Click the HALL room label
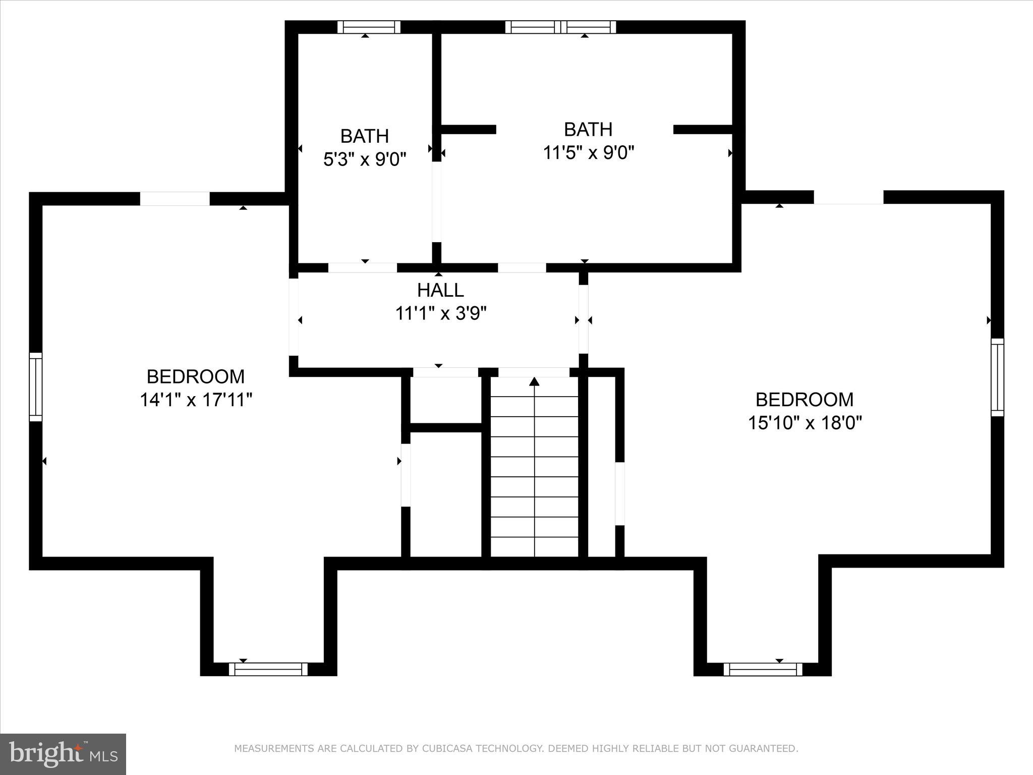(x=440, y=290)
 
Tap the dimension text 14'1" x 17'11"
(x=196, y=400)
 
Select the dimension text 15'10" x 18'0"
(x=805, y=422)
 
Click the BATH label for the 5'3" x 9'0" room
(x=364, y=136)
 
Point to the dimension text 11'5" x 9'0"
(x=588, y=152)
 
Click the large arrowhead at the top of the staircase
(x=534, y=381)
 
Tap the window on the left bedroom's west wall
(x=35, y=386)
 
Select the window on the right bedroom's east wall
(x=997, y=377)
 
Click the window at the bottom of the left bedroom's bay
(x=268, y=669)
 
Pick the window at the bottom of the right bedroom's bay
(x=763, y=669)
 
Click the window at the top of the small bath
(x=369, y=27)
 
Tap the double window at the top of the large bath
(x=560, y=27)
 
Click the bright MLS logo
(x=63, y=754)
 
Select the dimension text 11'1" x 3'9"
(x=440, y=314)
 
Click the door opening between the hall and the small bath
(x=362, y=267)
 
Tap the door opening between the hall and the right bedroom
(x=583, y=319)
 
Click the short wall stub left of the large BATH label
(x=469, y=129)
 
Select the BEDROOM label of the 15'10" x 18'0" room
(x=805, y=399)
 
